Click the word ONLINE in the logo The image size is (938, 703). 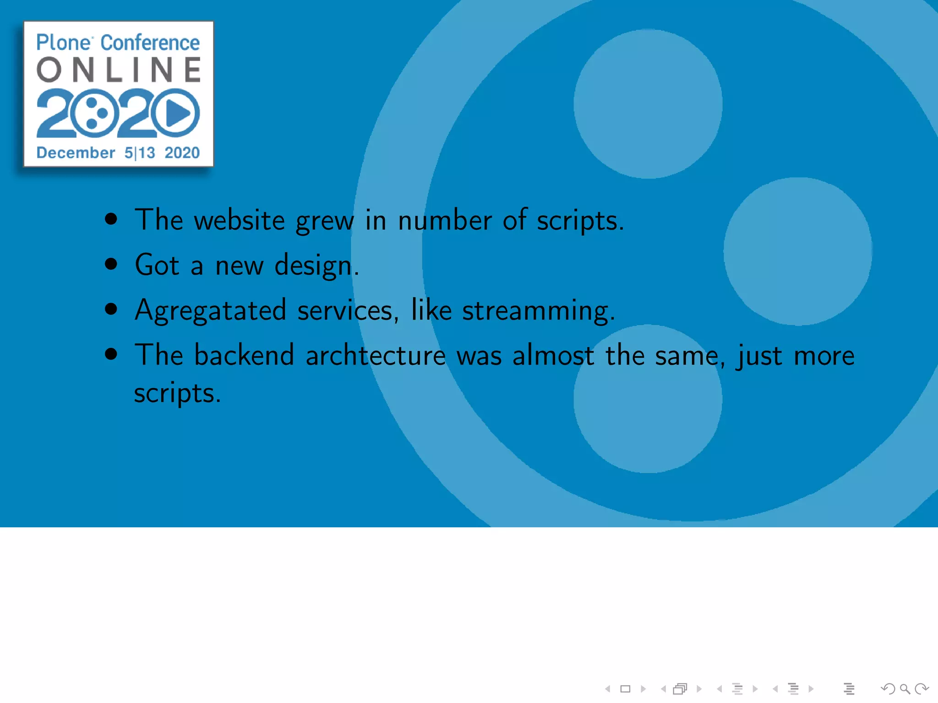click(119, 70)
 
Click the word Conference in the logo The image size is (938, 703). click(150, 43)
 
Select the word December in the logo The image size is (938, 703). click(76, 152)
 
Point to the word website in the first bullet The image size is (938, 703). click(240, 220)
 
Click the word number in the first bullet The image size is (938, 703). click(445, 220)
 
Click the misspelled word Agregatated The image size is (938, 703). click(211, 310)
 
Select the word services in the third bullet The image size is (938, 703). click(345, 310)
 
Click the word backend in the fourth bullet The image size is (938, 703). click(244, 355)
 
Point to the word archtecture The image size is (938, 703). click(376, 355)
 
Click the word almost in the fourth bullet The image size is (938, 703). click(553, 355)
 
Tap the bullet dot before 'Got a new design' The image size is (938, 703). click(111, 264)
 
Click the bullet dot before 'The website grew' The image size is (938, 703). click(111, 219)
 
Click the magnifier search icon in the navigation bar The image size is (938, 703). click(905, 689)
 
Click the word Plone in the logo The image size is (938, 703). click(64, 43)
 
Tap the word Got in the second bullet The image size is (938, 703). click(157, 265)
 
